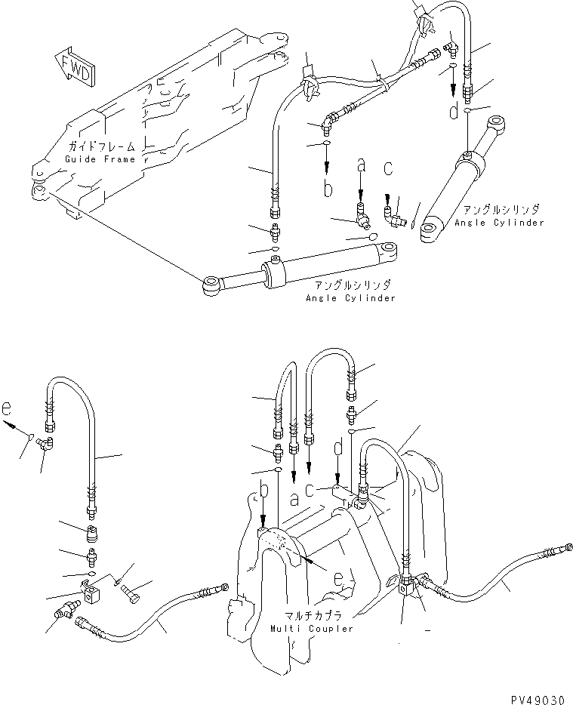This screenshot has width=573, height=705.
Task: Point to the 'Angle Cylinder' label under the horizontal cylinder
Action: point(350,298)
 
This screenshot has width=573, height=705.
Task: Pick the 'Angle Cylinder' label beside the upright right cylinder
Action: point(499,223)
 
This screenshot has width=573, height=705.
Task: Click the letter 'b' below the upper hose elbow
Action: point(327,188)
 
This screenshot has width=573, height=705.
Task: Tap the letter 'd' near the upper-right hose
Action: point(453,112)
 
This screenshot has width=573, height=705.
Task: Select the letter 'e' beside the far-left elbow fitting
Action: point(7,410)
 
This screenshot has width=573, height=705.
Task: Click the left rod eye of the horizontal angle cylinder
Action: point(211,285)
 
